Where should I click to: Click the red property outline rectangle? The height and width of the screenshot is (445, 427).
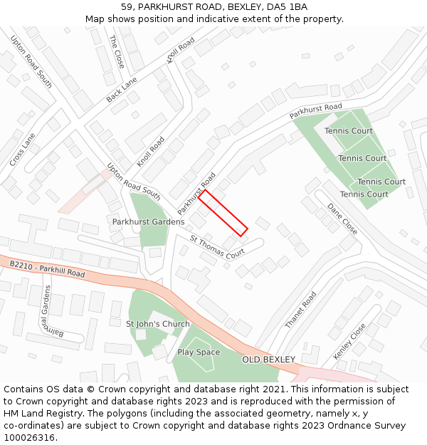click(x=223, y=212)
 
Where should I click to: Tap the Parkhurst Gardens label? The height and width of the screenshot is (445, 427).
click(x=148, y=222)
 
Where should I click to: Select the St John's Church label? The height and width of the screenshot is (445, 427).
click(x=158, y=324)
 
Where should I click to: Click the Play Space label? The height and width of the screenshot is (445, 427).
click(x=199, y=352)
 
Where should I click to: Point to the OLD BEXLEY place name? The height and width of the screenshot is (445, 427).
click(x=269, y=360)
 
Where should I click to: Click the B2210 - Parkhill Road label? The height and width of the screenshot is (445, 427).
click(x=47, y=269)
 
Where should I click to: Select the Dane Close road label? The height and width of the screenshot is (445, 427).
click(x=342, y=219)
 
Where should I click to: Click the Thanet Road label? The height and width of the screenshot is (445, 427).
click(x=300, y=310)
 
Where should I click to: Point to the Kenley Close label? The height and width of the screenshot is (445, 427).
click(x=349, y=341)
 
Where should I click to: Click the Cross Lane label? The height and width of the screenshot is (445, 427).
click(x=23, y=150)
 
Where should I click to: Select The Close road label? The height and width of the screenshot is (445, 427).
click(x=117, y=52)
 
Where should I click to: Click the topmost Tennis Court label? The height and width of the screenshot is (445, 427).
click(x=349, y=131)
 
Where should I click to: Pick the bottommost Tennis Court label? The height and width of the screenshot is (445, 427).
click(x=364, y=194)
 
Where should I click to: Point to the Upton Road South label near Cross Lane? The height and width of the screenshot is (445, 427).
click(x=31, y=63)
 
